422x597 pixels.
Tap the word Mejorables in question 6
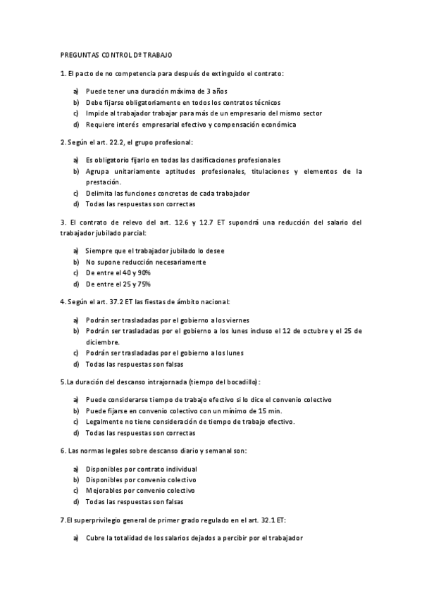click(x=106, y=490)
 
